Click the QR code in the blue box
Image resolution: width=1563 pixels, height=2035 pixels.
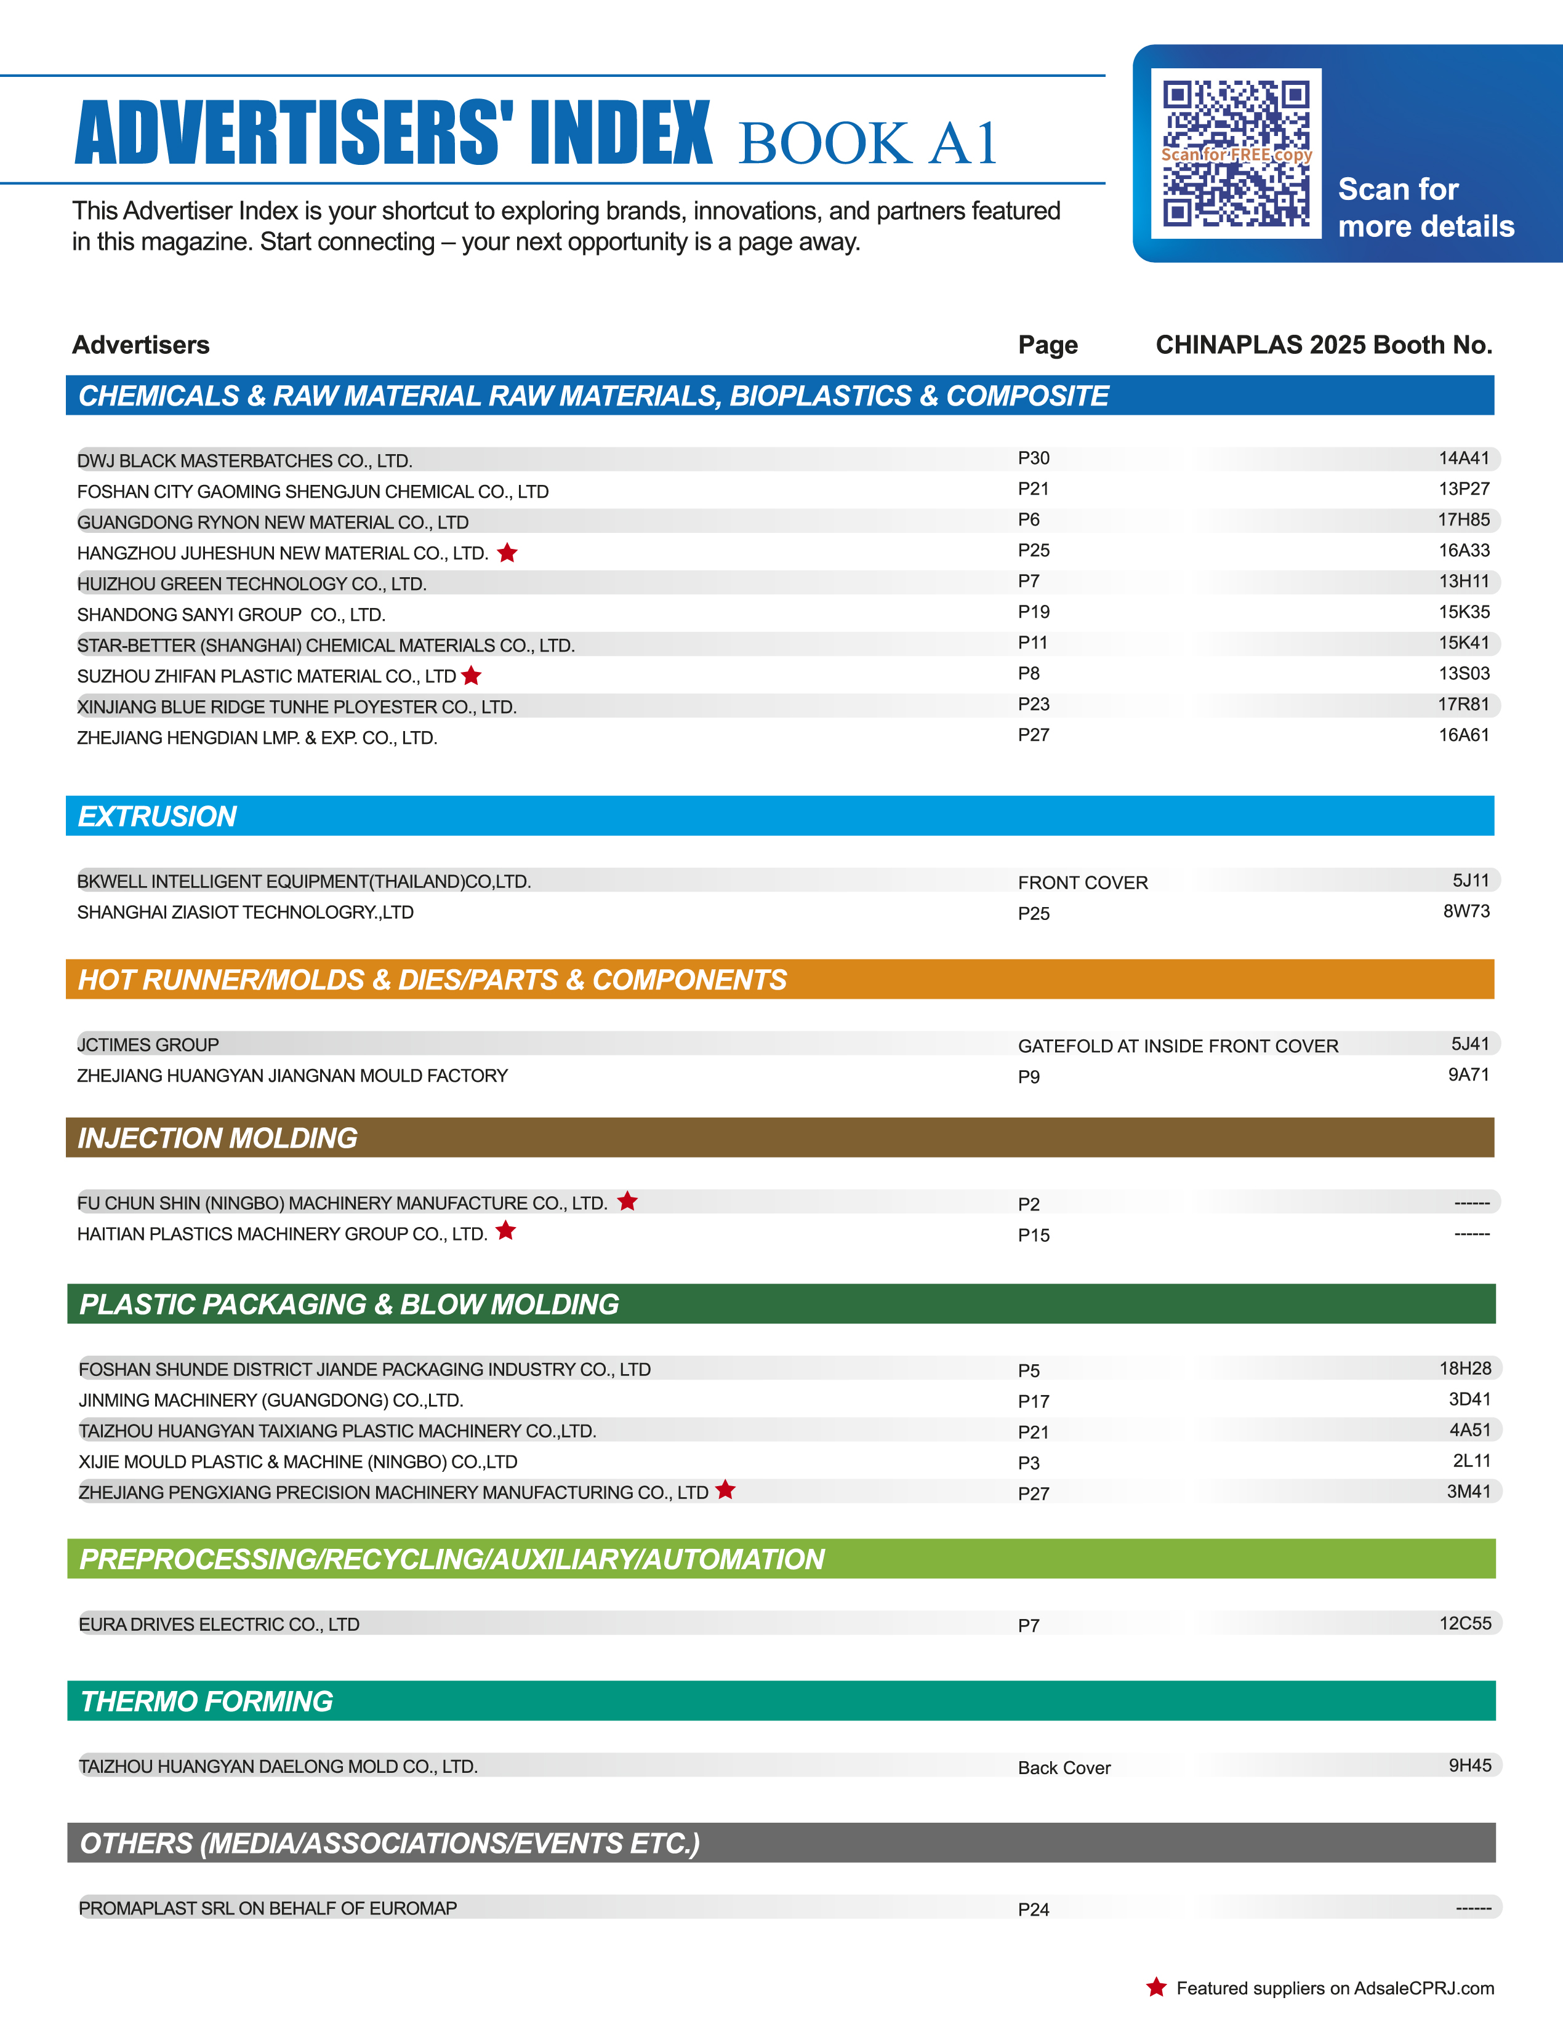click(x=1236, y=153)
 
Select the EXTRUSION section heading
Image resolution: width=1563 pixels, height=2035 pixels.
click(x=157, y=816)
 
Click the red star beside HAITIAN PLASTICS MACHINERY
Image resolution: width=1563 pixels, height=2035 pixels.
click(x=505, y=1231)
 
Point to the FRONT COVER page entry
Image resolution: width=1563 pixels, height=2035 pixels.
click(x=1082, y=882)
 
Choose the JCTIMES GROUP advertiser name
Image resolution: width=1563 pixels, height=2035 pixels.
click(x=148, y=1044)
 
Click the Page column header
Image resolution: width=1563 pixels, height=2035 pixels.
click(x=1048, y=345)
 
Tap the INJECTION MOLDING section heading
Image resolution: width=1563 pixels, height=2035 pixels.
click(x=218, y=1137)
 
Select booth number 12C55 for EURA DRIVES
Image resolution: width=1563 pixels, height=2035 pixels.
click(x=1465, y=1623)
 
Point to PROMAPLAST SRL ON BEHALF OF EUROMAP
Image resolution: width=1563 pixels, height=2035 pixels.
click(x=268, y=1908)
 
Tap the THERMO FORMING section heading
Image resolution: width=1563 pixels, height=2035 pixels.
click(x=207, y=1701)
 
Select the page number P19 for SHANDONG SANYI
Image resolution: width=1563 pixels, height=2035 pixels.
click(x=1033, y=612)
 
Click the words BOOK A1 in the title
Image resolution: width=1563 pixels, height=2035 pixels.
click(x=868, y=143)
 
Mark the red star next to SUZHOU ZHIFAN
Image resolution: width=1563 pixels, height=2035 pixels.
click(x=472, y=675)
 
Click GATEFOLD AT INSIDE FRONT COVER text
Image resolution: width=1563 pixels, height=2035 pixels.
click(x=1177, y=1045)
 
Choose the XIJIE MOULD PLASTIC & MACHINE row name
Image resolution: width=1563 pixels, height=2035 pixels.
click(x=298, y=1461)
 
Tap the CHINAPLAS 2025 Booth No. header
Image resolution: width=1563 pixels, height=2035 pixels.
click(x=1323, y=345)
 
